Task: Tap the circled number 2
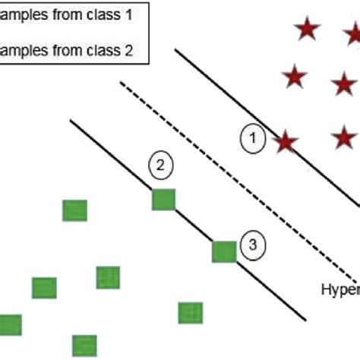pos(160,165)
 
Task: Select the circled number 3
pos(253,244)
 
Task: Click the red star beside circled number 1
pos(286,141)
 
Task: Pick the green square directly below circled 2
pos(163,199)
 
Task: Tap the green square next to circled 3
pos(223,251)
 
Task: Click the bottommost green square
pos(84,346)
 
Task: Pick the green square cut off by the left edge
pos(10,324)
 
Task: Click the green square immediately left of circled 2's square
pos(74,210)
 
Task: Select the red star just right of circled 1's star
pos(344,138)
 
